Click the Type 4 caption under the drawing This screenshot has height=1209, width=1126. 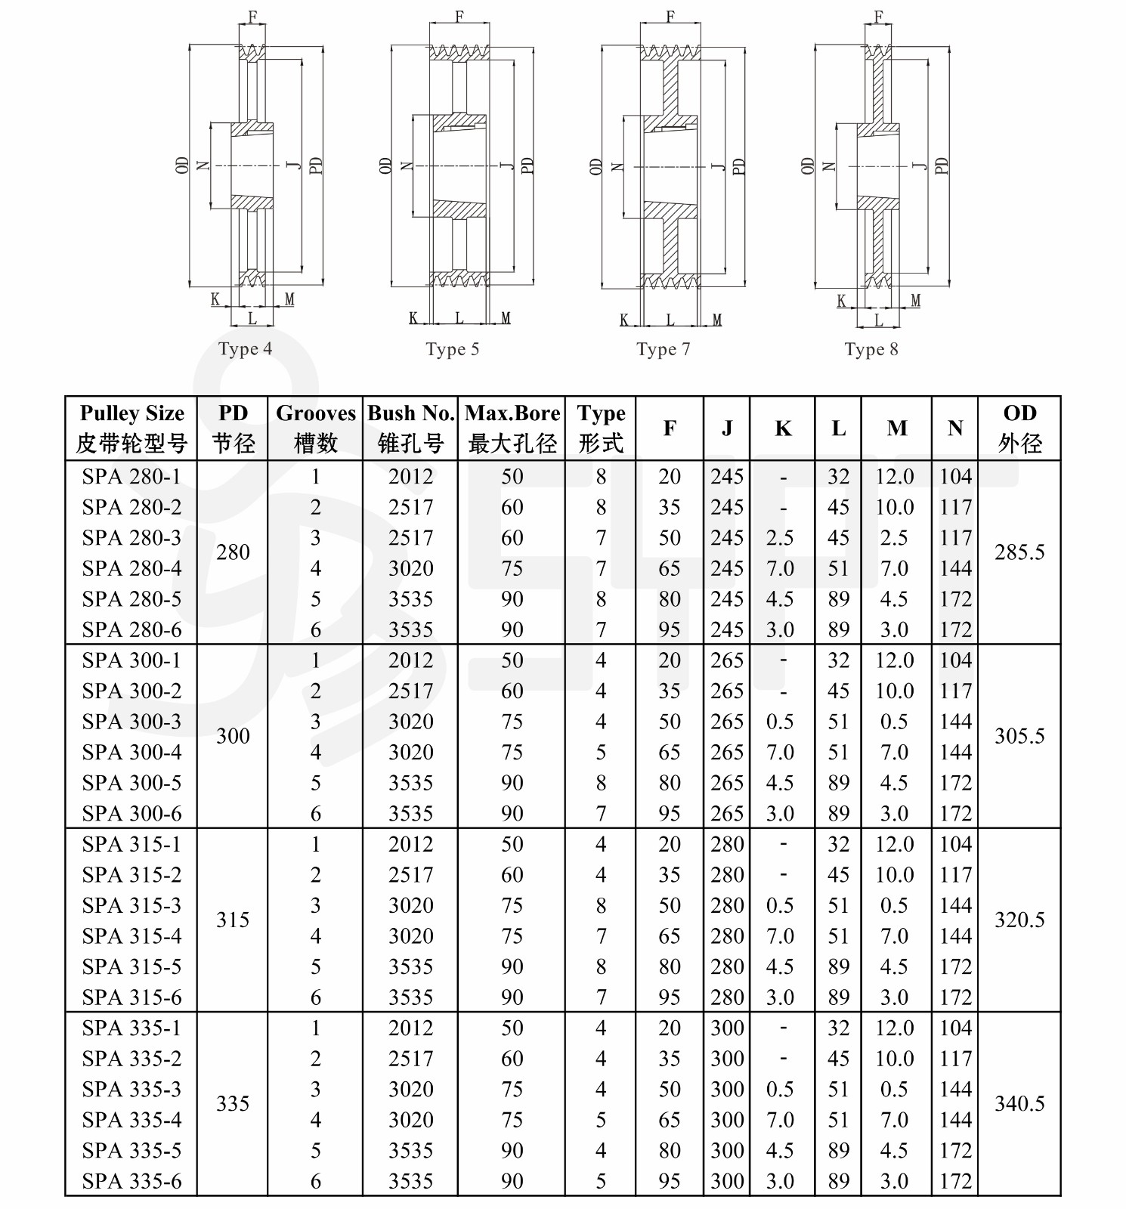click(x=245, y=349)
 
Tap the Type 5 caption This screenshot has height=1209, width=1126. click(x=452, y=349)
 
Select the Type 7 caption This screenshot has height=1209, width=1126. click(x=663, y=349)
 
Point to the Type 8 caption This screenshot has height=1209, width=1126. click(x=871, y=349)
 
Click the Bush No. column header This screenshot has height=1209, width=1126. click(x=410, y=428)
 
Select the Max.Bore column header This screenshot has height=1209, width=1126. click(x=512, y=428)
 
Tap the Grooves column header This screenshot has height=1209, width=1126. click(x=315, y=428)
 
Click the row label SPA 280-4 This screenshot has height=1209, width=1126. click(x=132, y=568)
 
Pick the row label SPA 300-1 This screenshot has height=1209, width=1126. click(x=132, y=660)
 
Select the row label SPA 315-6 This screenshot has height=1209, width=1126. click(x=132, y=997)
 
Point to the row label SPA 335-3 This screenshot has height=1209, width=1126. click(x=132, y=1089)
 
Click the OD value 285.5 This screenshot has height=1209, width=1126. click(x=1019, y=552)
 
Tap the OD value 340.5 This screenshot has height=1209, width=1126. click(x=1019, y=1104)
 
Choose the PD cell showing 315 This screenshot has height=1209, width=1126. click(x=233, y=920)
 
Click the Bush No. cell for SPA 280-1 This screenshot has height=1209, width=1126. click(x=410, y=477)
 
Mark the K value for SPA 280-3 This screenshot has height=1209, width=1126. click(x=780, y=538)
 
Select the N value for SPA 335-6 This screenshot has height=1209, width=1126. click(x=955, y=1181)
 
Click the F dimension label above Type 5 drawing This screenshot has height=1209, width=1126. click(x=459, y=17)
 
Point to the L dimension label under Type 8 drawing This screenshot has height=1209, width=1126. click(x=878, y=320)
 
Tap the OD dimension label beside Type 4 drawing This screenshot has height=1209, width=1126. click(x=182, y=165)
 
